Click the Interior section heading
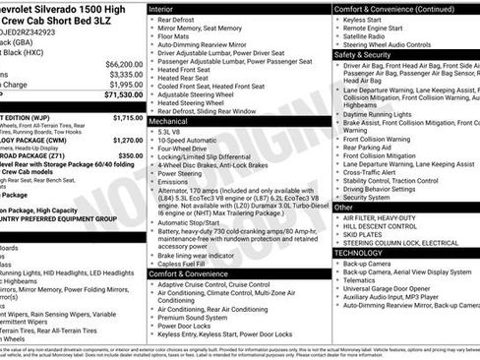click(162, 8)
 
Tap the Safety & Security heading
click(362, 55)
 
